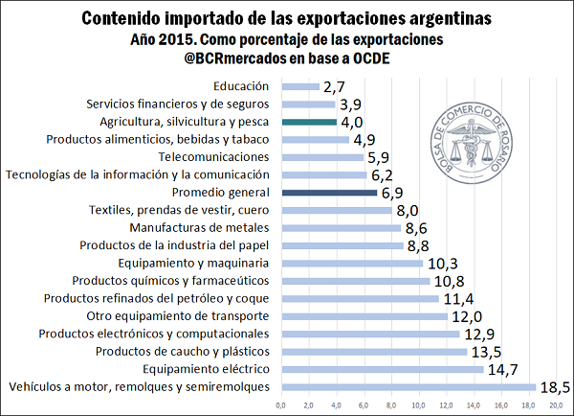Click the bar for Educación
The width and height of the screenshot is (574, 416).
[x=299, y=86]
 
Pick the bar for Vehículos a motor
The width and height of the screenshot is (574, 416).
[x=408, y=386]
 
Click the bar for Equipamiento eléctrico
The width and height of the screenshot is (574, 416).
[x=382, y=369]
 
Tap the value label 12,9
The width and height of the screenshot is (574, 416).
[x=480, y=334]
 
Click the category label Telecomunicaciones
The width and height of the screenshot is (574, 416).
[x=215, y=156]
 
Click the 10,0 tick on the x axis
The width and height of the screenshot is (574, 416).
[x=418, y=406]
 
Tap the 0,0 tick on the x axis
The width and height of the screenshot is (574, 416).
[x=280, y=406]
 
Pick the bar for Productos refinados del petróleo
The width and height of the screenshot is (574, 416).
[x=360, y=298]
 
